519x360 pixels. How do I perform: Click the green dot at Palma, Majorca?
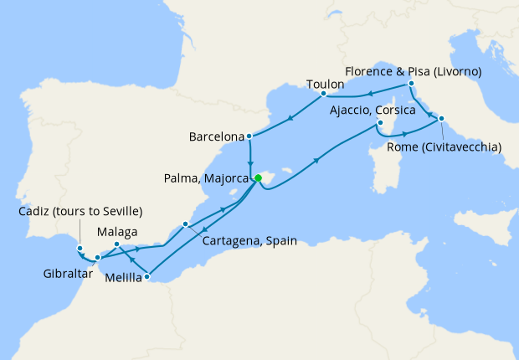pos(259,177)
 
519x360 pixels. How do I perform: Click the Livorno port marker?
pos(411,85)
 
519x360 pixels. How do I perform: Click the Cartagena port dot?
pos(186,224)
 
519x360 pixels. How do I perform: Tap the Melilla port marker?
pos(146,276)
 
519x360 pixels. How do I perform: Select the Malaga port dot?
pos(116,245)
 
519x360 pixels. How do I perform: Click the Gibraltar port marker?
pos(98,257)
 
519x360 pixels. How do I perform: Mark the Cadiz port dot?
pos(80,248)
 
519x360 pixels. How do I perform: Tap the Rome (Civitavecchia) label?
pos(445,147)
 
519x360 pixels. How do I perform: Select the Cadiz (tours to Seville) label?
pos(80,210)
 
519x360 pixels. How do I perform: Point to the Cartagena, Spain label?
pos(249,239)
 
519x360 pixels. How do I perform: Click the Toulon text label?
pos(326,84)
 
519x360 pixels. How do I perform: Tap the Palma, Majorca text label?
pos(205,177)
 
